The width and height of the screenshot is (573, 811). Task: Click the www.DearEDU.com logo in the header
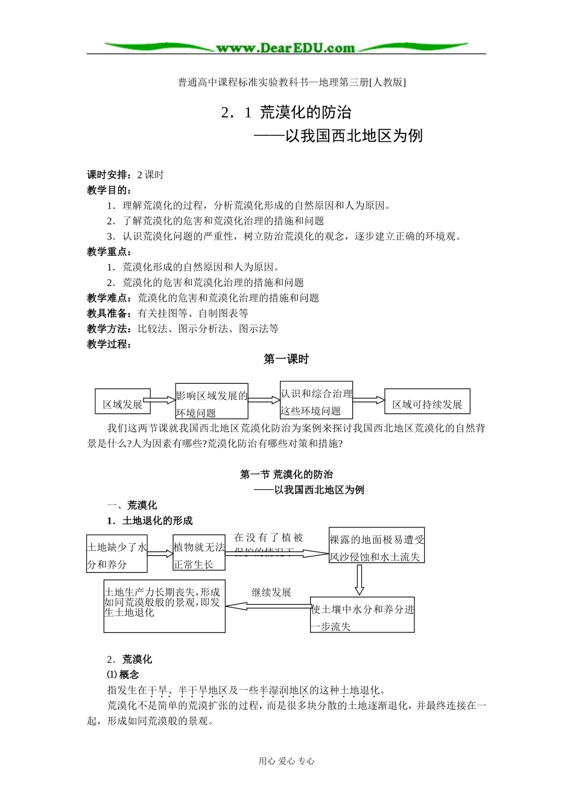pyautogui.click(x=286, y=48)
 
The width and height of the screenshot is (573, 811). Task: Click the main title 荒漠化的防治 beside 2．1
pyautogui.click(x=306, y=112)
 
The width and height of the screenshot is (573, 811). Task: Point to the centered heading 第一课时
pyautogui.click(x=286, y=359)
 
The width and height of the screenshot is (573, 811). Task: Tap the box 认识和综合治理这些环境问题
pyautogui.click(x=317, y=401)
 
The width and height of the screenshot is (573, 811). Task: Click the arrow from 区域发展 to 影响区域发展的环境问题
pyautogui.click(x=162, y=400)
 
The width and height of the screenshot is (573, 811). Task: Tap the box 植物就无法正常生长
pyautogui.click(x=199, y=554)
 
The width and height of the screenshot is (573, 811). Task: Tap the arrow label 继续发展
pyautogui.click(x=271, y=593)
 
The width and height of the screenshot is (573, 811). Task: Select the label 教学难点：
pyautogui.click(x=112, y=298)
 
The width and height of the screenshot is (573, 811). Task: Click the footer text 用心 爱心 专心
pyautogui.click(x=286, y=761)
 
